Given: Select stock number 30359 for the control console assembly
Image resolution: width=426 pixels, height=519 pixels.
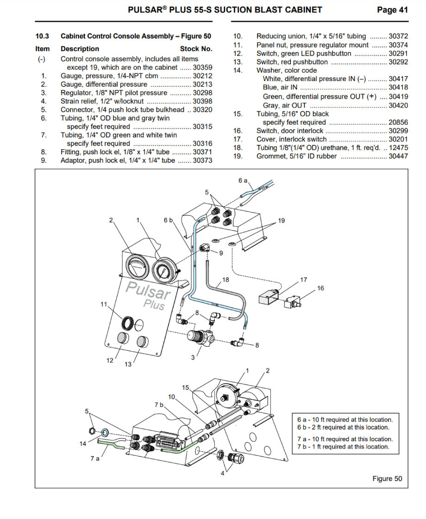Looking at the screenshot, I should click(202, 67).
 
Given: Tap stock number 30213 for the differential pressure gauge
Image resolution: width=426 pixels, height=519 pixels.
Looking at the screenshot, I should click(202, 84).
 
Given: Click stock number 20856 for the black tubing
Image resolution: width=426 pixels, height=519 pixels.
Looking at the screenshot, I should click(398, 122).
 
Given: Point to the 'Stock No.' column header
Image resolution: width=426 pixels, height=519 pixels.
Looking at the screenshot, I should click(196, 49).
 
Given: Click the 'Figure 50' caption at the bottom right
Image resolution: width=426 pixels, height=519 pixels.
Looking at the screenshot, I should click(387, 478).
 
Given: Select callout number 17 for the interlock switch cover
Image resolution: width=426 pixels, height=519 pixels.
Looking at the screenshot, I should click(304, 279).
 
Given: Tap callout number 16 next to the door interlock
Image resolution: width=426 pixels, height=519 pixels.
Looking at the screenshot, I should click(320, 288).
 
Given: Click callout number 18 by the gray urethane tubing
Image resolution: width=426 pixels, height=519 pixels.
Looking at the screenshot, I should click(226, 279).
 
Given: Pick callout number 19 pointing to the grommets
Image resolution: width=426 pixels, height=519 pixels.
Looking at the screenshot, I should click(281, 221).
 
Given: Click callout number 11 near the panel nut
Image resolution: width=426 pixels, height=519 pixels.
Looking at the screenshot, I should click(104, 304).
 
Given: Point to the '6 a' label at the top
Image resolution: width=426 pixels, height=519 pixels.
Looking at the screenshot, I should click(243, 180).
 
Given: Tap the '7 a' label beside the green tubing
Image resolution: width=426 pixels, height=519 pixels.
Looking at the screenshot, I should click(94, 458).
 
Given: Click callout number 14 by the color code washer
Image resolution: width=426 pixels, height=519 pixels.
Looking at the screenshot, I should click(83, 443).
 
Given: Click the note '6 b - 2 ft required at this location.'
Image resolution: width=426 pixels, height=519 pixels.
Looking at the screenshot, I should click(343, 427).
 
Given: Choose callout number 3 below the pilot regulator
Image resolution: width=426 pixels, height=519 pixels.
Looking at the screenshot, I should click(193, 357).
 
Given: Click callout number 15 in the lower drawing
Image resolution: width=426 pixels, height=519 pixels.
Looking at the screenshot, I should click(186, 387).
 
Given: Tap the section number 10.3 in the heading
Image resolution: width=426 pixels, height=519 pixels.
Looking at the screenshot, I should click(42, 36).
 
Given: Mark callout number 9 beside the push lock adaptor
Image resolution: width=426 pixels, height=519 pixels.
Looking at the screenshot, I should click(220, 253).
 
